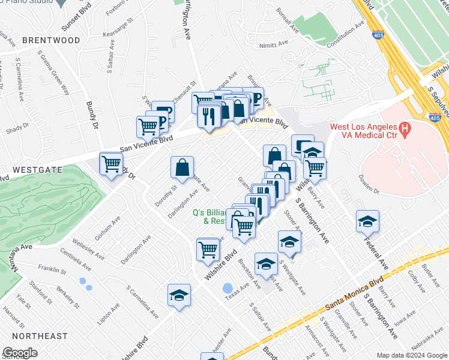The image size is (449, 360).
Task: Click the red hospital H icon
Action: [405, 128]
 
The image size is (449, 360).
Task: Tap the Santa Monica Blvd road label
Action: [354, 295]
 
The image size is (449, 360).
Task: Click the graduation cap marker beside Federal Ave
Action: [367, 223]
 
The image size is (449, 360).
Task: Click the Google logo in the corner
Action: [19, 353]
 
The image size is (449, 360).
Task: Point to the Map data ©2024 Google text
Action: [412, 355]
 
